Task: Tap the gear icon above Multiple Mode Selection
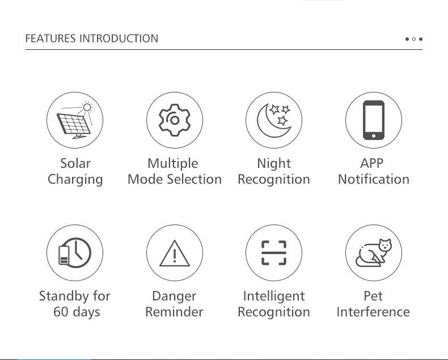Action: tap(175, 120)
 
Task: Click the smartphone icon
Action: tap(374, 120)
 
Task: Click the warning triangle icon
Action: tap(175, 253)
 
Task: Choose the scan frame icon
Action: tap(274, 253)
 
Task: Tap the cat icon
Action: tap(374, 253)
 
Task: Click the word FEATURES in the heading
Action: tap(50, 39)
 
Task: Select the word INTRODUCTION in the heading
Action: tap(119, 39)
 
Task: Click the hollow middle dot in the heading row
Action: tap(414, 39)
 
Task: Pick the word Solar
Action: tap(75, 163)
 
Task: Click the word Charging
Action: tap(75, 180)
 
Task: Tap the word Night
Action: tap(274, 164)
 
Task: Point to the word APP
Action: tap(371, 163)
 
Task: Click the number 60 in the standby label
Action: tap(60, 312)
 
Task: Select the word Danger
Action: tap(174, 297)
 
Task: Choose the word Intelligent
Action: tap(274, 297)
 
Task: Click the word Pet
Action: tap(373, 296)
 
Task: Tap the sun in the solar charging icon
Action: tap(87, 107)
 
